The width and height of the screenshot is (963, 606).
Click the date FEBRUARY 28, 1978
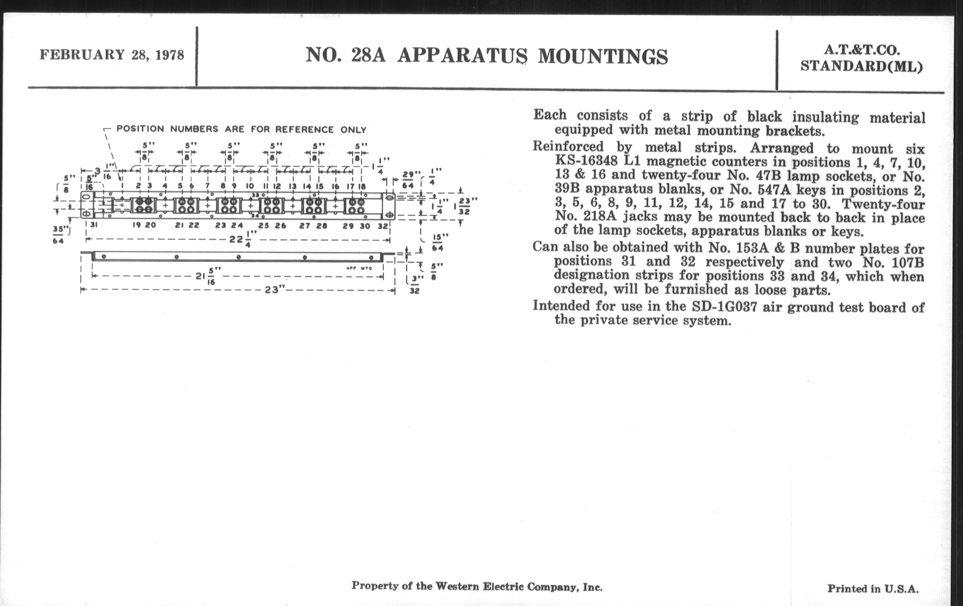pyautogui.click(x=112, y=55)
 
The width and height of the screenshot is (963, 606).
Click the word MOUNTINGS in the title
pyautogui.click(x=603, y=56)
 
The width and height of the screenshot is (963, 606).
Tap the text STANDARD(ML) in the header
pyautogui.click(x=861, y=67)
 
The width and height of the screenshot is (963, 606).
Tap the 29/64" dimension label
pyautogui.click(x=409, y=180)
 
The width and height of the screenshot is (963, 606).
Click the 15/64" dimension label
pyautogui.click(x=438, y=242)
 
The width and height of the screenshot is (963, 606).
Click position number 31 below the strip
pyautogui.click(x=93, y=225)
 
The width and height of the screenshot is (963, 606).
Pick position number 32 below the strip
pyautogui.click(x=383, y=226)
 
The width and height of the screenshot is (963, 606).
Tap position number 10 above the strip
pyautogui.click(x=249, y=186)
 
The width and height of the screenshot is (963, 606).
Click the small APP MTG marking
pyautogui.click(x=359, y=269)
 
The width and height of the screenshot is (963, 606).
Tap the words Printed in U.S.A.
pyautogui.click(x=873, y=589)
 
